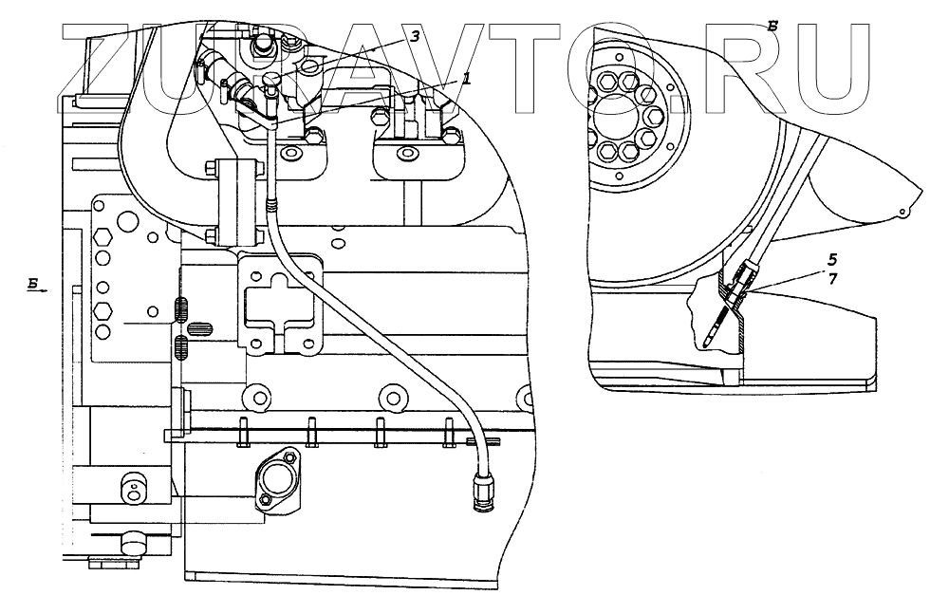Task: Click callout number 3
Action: (x=414, y=35)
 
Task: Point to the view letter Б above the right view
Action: (x=773, y=26)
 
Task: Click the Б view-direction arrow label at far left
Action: (x=33, y=283)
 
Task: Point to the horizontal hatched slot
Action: (x=197, y=328)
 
